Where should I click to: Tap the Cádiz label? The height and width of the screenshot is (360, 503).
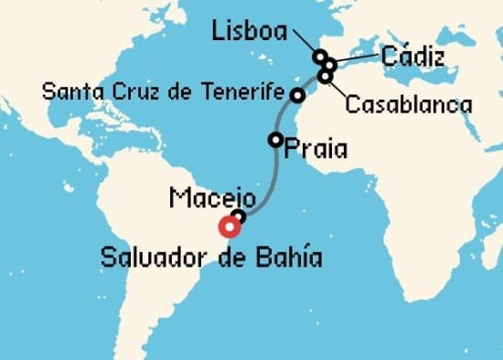[x=412, y=58]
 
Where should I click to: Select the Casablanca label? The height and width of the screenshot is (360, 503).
[x=408, y=105]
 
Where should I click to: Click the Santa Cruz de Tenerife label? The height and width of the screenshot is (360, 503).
[x=164, y=91]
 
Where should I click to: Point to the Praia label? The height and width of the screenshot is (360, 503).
[x=316, y=148]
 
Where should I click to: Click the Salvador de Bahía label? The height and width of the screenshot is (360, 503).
[x=211, y=257]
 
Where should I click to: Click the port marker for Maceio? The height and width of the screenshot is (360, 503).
[x=239, y=217]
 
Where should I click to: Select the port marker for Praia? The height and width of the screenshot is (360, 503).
[x=275, y=140]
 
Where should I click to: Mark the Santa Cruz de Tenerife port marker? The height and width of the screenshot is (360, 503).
[x=297, y=95]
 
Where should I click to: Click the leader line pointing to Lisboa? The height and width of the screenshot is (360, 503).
[x=305, y=42]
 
